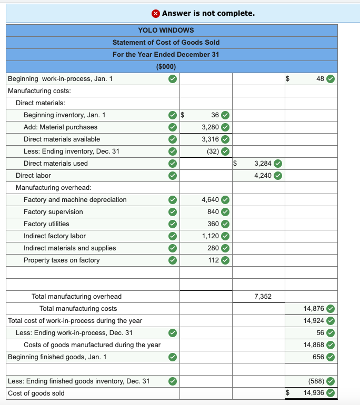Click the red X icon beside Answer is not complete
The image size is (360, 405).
point(156,13)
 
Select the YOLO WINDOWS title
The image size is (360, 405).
point(166,30)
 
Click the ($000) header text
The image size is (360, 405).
point(166,66)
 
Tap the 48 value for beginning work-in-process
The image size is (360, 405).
point(320,79)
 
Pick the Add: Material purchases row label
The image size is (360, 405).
point(61,127)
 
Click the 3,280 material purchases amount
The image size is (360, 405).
point(210,127)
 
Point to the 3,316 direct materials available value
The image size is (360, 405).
point(210,139)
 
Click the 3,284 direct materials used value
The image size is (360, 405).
point(263,163)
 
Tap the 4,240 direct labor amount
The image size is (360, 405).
point(263,175)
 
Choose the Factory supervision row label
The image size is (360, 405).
point(53,211)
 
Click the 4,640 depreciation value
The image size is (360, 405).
point(210,199)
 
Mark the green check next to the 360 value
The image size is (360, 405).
point(225,224)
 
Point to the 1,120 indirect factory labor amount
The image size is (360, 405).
point(210,236)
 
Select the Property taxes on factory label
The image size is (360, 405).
point(62,260)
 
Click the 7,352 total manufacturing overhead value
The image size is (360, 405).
point(263,296)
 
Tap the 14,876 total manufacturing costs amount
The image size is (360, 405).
point(314,308)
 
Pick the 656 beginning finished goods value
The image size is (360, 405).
point(318,357)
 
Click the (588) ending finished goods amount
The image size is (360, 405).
point(315,381)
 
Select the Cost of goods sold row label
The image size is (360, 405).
point(36,393)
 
